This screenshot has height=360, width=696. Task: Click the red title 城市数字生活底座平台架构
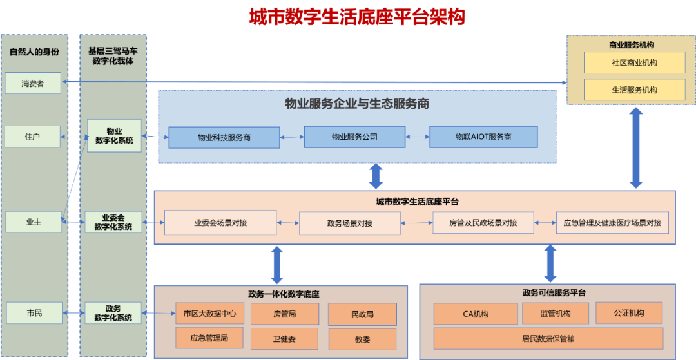coord(357,16)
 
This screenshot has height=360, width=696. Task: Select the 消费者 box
coord(32,83)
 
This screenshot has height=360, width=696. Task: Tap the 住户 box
coord(32,137)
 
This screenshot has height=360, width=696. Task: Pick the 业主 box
coord(33,222)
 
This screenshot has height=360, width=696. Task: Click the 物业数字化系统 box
coord(114,135)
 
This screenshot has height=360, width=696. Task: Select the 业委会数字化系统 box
coord(113,222)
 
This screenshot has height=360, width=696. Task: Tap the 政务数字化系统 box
coord(113,313)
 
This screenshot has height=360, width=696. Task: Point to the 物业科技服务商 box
coord(224,137)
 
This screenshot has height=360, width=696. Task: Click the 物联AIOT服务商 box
coord(483,137)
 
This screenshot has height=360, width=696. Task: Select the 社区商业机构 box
coord(634,62)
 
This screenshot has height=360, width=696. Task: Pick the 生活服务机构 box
coord(634,90)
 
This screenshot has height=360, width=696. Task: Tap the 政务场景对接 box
coord(349,223)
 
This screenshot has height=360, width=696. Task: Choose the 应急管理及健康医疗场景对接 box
coord(612,223)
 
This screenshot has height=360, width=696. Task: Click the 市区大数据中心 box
coord(209,314)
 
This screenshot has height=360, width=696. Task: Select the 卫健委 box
coord(284,338)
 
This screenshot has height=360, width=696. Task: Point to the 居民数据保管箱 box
coord(548,338)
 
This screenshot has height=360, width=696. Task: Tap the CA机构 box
coord(476,314)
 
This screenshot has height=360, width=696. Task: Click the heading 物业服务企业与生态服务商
coord(357,104)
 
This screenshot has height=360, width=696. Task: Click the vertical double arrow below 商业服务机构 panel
coord(636,147)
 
